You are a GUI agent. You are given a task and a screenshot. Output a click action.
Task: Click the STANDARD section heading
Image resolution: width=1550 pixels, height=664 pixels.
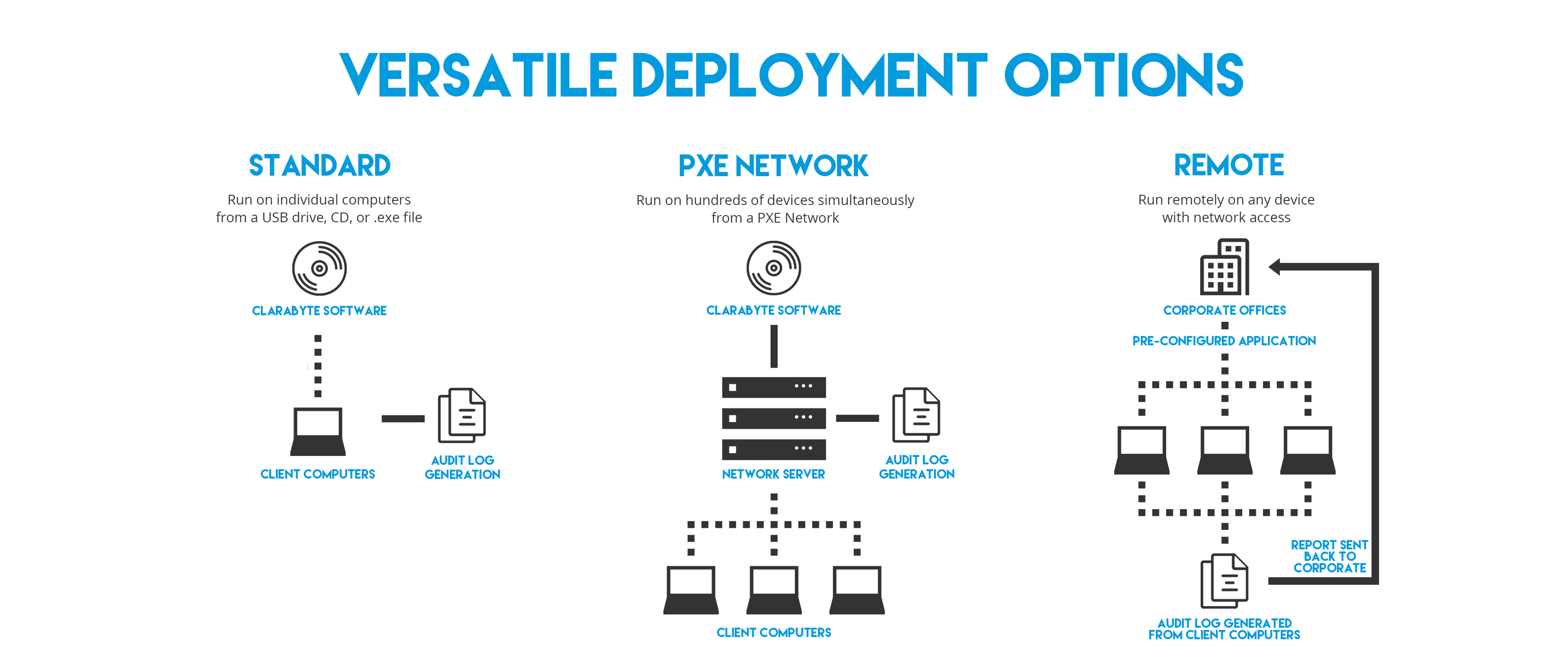pyautogui.click(x=319, y=165)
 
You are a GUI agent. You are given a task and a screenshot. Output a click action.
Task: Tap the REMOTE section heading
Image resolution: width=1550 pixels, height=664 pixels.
pyautogui.click(x=1229, y=165)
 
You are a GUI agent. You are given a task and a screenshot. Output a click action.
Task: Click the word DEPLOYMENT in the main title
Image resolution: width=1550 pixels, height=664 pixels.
pyautogui.click(x=809, y=75)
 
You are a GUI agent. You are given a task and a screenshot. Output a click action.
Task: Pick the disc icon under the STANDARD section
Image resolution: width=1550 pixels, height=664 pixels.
pyautogui.click(x=319, y=268)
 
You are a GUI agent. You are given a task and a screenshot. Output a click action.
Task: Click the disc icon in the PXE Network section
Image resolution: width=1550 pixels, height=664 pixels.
pyautogui.click(x=773, y=268)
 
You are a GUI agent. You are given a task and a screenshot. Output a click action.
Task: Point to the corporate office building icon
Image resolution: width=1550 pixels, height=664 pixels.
pyautogui.click(x=1224, y=267)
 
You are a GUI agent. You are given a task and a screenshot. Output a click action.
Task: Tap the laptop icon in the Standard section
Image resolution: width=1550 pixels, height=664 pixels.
pyautogui.click(x=318, y=432)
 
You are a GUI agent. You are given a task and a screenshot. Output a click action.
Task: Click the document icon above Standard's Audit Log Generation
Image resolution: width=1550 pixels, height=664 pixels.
pyautogui.click(x=462, y=415)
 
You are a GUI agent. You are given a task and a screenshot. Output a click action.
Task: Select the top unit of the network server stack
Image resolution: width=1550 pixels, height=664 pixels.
pyautogui.click(x=773, y=387)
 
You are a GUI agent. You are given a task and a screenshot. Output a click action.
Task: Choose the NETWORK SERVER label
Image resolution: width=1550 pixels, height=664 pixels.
pyautogui.click(x=773, y=474)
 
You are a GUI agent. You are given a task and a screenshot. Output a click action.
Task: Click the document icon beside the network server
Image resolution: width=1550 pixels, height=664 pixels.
pyautogui.click(x=916, y=415)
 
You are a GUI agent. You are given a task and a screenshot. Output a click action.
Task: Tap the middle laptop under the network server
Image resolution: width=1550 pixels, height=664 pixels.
pyautogui.click(x=774, y=590)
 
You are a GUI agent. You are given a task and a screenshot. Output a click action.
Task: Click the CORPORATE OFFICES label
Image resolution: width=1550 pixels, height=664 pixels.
pyautogui.click(x=1225, y=310)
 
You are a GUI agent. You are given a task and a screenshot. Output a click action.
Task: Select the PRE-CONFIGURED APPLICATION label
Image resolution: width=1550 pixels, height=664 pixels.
pyautogui.click(x=1224, y=341)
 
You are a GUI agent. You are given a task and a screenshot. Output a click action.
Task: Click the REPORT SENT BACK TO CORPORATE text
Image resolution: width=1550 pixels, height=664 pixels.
pyautogui.click(x=1329, y=556)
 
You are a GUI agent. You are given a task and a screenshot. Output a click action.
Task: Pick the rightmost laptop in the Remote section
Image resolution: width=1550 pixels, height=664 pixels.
pyautogui.click(x=1308, y=450)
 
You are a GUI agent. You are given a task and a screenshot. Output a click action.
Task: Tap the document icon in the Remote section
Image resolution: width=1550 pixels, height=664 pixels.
pyautogui.click(x=1224, y=580)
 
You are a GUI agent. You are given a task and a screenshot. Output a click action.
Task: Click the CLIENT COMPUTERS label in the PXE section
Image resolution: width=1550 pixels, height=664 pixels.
pyautogui.click(x=773, y=633)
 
